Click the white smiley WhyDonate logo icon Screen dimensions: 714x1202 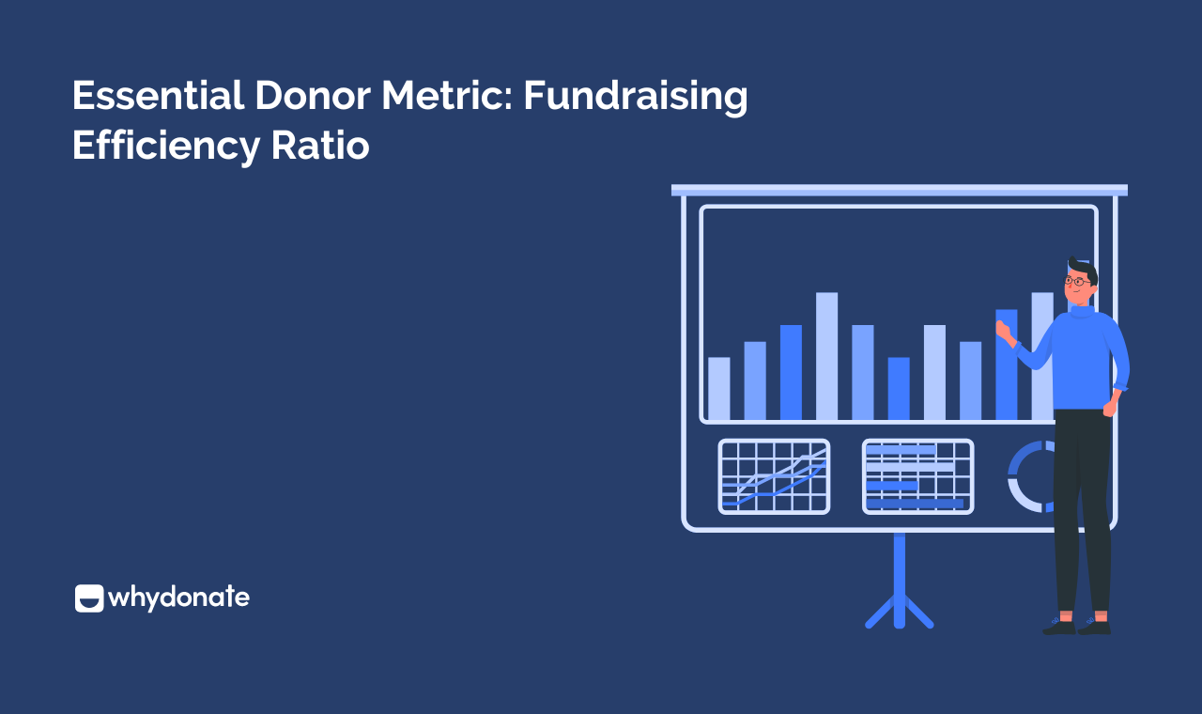89,598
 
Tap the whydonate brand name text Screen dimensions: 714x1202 179,598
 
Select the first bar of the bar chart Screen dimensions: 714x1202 718,388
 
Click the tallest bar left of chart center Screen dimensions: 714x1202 826,356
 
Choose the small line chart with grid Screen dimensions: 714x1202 774,476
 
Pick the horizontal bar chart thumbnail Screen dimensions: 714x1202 917,476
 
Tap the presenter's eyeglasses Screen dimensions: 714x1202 1077,280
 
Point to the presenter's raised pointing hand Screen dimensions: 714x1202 1003,330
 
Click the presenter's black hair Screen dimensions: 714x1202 1082,266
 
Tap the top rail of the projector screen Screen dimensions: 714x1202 899,190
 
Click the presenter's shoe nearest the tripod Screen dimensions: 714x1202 1059,625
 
